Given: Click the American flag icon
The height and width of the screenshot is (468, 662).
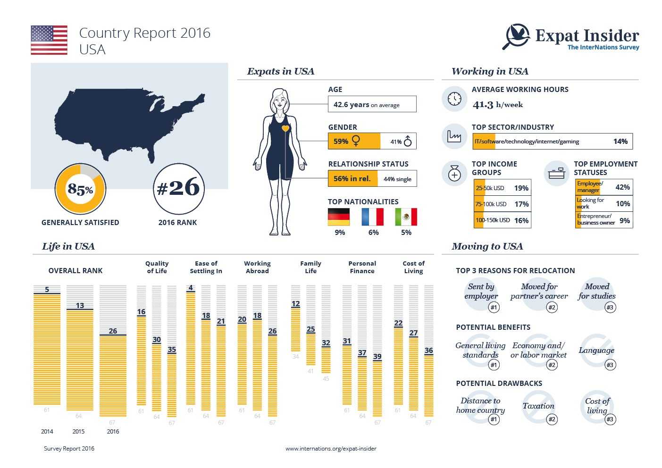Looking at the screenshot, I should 49,40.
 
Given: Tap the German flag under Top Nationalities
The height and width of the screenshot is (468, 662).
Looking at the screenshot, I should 339,217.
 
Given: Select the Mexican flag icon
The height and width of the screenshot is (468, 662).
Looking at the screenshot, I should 406,217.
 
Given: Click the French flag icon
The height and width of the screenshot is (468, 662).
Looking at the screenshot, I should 372,217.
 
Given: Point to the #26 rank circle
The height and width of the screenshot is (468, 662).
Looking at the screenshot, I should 178,189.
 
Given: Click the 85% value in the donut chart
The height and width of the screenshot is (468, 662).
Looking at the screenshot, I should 80,189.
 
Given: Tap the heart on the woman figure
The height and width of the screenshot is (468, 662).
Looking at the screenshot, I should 285,128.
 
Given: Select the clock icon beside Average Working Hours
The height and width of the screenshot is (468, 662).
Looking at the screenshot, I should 454,99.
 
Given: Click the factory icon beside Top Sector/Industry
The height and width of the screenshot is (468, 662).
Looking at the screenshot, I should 454,136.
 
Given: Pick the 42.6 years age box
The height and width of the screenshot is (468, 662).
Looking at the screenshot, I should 372,104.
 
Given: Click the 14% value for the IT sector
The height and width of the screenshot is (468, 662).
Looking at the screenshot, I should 620,142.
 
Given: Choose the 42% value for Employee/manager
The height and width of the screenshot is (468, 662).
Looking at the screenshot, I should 622,187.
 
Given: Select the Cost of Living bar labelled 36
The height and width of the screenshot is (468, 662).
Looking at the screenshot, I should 428,384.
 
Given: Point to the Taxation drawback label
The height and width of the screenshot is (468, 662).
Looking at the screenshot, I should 538,406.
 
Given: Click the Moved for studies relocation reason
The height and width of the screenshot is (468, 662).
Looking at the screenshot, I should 597,292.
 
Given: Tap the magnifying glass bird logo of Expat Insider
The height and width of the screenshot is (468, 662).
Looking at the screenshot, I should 517,36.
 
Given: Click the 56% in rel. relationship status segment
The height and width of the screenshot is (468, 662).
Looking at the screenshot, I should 353,179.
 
